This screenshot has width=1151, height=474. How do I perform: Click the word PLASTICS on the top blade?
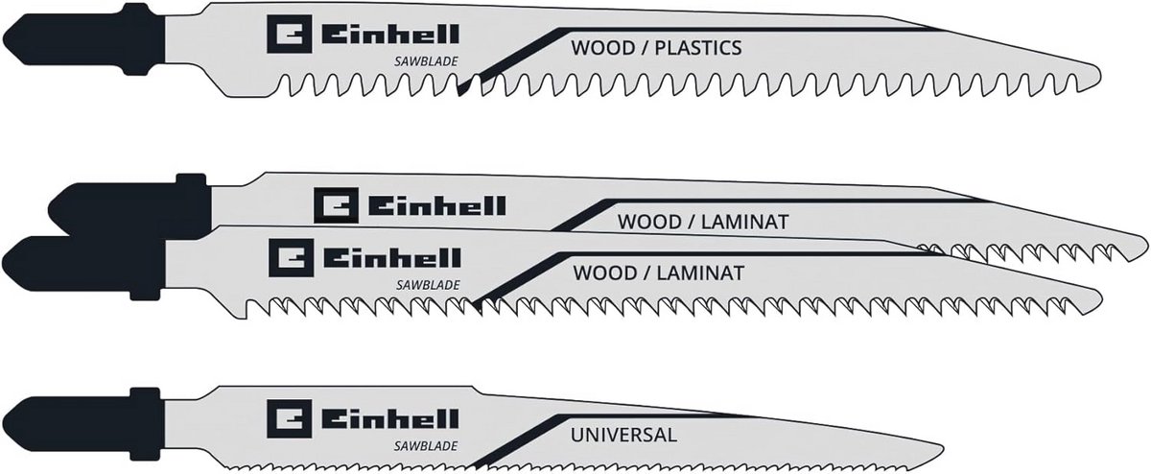pos(698,48)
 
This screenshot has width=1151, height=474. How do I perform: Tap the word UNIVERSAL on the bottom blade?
pos(623,435)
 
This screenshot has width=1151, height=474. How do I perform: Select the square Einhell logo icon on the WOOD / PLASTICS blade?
pos(290,34)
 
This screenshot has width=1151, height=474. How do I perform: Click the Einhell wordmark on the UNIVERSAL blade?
pos(389,419)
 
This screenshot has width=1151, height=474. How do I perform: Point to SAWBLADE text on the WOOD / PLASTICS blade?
pos(426,61)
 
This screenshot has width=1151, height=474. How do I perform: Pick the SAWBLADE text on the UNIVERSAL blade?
pos(426,446)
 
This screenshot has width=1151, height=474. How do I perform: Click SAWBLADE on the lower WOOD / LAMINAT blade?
pos(428,285)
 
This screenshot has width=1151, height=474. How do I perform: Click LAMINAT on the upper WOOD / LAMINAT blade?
pos(744,222)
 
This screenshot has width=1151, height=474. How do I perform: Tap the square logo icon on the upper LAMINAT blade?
pos(336,205)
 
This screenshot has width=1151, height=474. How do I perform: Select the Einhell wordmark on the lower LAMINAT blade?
pos(391,257)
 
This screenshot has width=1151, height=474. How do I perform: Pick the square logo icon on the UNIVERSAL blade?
pos(290,418)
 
